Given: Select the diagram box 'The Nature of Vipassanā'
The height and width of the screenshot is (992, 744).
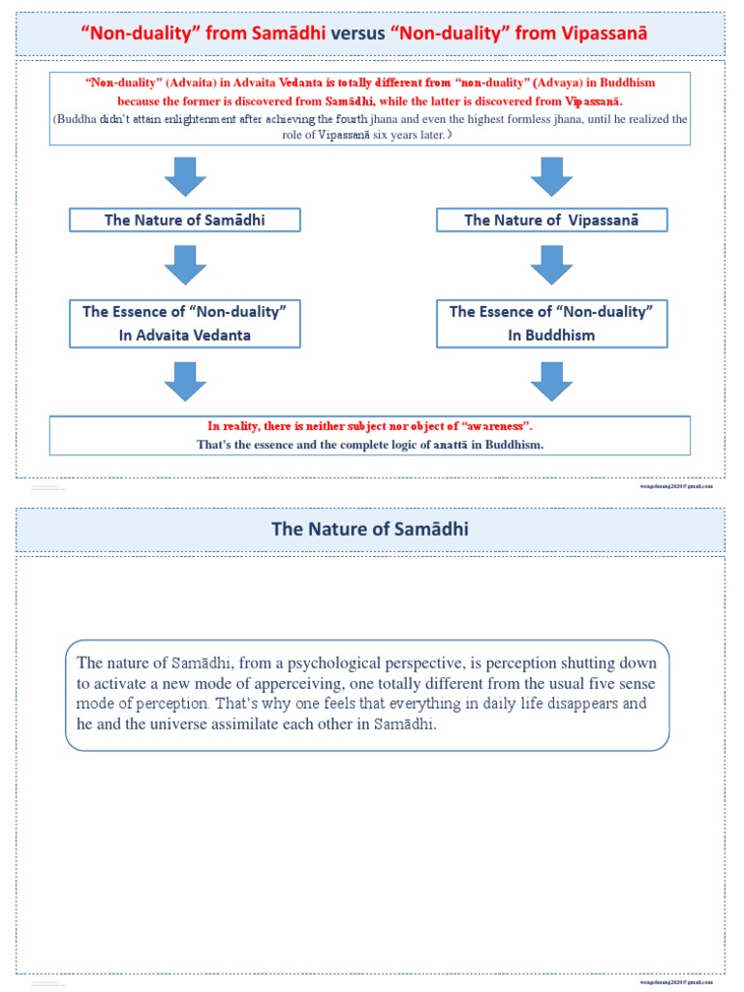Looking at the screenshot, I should pyautogui.click(x=551, y=220).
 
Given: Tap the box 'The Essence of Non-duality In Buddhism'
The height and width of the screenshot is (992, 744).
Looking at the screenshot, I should pyautogui.click(x=551, y=324).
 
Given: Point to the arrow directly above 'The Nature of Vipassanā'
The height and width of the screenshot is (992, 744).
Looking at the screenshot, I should pyautogui.click(x=551, y=177).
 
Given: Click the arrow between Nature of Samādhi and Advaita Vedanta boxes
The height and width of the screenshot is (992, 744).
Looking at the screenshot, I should pyautogui.click(x=185, y=264).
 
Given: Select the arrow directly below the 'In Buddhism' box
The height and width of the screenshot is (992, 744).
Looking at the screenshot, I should pyautogui.click(x=551, y=381).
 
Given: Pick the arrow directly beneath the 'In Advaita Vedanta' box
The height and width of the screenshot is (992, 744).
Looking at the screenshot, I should pyautogui.click(x=185, y=381).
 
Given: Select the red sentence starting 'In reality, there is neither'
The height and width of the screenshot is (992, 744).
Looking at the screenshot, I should pyautogui.click(x=370, y=426).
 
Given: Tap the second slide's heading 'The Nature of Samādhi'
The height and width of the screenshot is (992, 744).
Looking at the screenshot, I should pyautogui.click(x=370, y=529).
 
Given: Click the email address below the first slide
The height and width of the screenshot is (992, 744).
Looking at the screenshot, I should pyautogui.click(x=676, y=486).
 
